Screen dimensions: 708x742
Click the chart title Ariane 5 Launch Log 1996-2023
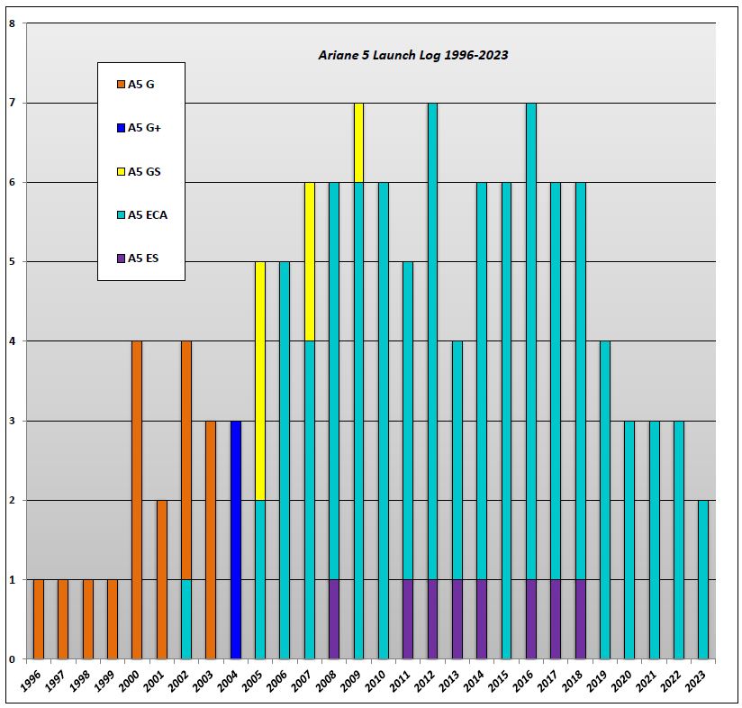(x=413, y=55)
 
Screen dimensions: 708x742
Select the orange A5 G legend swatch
(x=121, y=85)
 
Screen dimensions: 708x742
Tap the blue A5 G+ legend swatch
(x=121, y=128)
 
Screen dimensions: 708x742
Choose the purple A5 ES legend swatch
(x=121, y=259)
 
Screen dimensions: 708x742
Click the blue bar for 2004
(x=235, y=540)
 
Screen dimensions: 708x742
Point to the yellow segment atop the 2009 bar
(x=358, y=143)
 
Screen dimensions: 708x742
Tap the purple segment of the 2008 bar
(x=334, y=619)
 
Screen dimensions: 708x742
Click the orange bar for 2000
(x=137, y=500)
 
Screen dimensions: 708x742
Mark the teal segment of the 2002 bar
(x=186, y=619)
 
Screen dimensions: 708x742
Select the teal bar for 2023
(x=702, y=579)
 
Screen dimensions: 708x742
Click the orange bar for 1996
(x=39, y=619)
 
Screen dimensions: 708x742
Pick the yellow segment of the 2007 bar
(x=310, y=262)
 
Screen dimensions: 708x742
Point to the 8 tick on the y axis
(x=12, y=24)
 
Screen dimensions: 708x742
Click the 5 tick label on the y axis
(x=12, y=262)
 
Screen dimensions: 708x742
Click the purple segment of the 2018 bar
(x=580, y=619)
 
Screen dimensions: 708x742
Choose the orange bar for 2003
(x=211, y=540)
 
